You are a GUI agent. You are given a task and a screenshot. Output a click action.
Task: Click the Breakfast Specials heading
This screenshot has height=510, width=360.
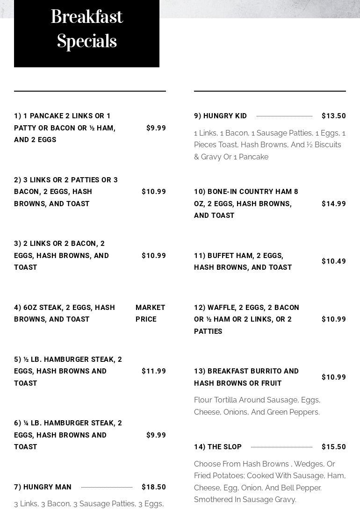click(x=86, y=29)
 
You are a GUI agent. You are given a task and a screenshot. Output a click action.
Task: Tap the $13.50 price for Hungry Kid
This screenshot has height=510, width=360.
click(x=333, y=116)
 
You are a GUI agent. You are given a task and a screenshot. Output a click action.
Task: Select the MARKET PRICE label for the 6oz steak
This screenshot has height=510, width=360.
click(x=150, y=313)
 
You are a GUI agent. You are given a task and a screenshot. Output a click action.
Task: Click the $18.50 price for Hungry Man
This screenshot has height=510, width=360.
click(x=153, y=487)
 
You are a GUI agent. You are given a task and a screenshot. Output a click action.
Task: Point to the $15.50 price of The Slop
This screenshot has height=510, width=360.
click(x=333, y=447)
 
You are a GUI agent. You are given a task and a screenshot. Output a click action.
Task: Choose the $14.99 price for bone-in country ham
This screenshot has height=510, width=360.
click(x=333, y=204)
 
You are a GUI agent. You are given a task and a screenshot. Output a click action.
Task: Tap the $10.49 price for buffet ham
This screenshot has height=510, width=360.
click(x=333, y=261)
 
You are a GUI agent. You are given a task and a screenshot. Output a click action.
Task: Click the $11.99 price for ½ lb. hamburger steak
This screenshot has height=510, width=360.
click(x=153, y=371)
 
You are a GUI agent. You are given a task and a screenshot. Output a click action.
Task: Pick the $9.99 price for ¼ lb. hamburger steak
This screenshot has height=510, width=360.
click(x=156, y=435)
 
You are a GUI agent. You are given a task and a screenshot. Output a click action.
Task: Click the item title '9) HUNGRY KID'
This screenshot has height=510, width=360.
click(x=220, y=116)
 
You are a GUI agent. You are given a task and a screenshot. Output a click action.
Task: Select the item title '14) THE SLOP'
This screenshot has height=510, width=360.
click(x=217, y=447)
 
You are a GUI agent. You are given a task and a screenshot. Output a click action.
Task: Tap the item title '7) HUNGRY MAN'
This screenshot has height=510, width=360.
click(x=43, y=487)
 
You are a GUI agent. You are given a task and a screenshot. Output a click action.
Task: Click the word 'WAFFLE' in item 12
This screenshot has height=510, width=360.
click(x=221, y=308)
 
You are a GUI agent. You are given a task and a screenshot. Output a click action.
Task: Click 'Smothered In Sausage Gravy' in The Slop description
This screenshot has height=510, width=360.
click(x=245, y=500)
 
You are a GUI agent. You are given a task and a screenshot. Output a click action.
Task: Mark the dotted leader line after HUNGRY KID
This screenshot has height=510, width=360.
click(x=284, y=116)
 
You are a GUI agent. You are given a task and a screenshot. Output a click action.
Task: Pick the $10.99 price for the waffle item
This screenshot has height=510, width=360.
click(x=333, y=319)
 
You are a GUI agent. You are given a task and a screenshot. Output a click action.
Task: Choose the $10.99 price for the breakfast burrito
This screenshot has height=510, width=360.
click(x=333, y=377)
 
